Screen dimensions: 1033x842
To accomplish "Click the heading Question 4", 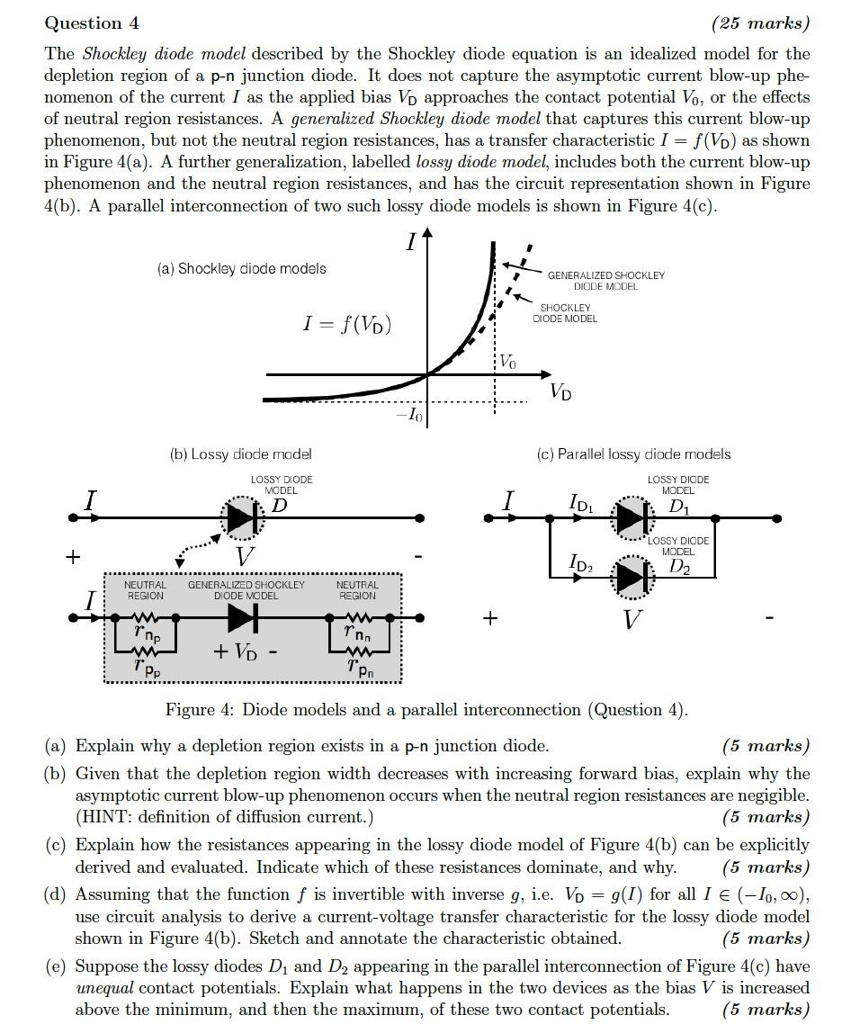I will [92, 23].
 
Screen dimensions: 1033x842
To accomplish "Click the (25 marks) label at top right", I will [760, 23].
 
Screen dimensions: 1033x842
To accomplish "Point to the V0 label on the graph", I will [507, 362].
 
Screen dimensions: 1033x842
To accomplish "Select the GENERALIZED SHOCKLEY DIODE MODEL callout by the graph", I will [605, 280].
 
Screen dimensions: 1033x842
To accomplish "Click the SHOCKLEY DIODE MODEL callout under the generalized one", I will [565, 313].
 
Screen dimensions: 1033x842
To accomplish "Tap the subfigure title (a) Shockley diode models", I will [242, 268].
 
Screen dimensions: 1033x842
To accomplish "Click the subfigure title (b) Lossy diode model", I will [240, 454].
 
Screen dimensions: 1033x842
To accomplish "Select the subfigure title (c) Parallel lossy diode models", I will [633, 454].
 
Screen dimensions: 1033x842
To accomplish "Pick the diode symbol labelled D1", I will [631, 518].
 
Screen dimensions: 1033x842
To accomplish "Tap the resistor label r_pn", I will [359, 669].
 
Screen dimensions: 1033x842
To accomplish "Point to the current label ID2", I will [581, 563].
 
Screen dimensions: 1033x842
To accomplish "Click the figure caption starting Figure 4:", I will [426, 710].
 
